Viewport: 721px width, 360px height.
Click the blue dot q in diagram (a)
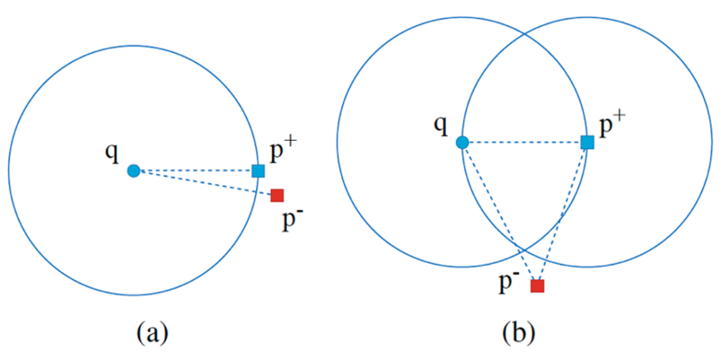coord(134,170)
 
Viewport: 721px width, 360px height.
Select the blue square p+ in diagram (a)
coord(258,170)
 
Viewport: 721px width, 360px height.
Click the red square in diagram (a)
coord(277,195)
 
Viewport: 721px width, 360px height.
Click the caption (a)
coord(152,331)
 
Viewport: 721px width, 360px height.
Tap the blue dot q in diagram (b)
coord(461,142)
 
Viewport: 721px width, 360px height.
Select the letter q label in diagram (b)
coord(440,125)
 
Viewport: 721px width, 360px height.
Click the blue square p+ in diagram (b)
coord(587,142)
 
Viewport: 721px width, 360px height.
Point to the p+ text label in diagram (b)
coord(612,125)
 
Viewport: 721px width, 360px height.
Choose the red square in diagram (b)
coord(537,286)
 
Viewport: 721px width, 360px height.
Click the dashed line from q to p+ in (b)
coord(524,142)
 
